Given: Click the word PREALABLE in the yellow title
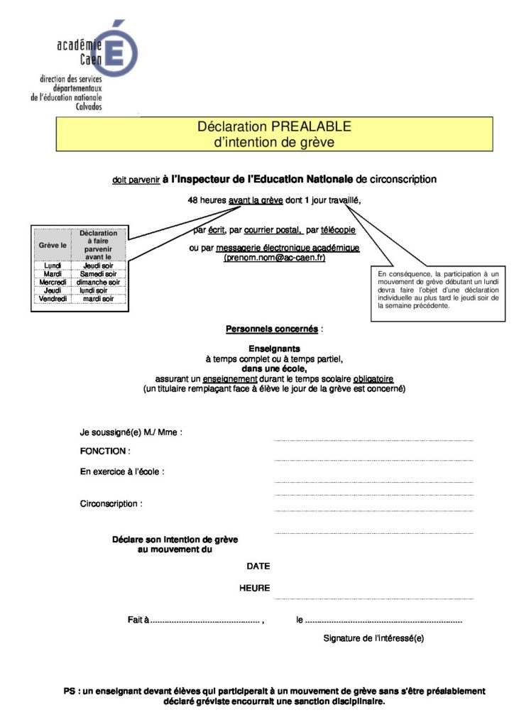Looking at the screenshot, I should pyautogui.click(x=311, y=127).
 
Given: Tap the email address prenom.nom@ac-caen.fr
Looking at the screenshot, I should pyautogui.click(x=274, y=258).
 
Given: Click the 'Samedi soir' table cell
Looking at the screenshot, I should pyautogui.click(x=99, y=273).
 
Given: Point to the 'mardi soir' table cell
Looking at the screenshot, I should pyautogui.click(x=99, y=299).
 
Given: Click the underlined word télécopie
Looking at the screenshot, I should pyautogui.click(x=338, y=230).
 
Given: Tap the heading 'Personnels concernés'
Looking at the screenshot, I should pyautogui.click(x=272, y=329).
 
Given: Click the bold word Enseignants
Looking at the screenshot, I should pyautogui.click(x=274, y=349).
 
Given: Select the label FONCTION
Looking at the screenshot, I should pyautogui.click(x=104, y=451).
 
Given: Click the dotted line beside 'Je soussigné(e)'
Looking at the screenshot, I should pyautogui.click(x=373, y=441).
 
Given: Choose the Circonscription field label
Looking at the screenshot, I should pyautogui.click(x=110, y=503).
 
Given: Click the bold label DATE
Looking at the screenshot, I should pyautogui.click(x=258, y=566).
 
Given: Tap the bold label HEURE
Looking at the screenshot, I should pyautogui.click(x=254, y=587).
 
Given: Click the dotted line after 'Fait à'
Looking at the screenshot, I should pyautogui.click(x=206, y=621).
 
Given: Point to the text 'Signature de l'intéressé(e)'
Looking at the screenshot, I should pyautogui.click(x=373, y=638).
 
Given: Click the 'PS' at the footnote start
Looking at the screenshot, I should pyautogui.click(x=69, y=691).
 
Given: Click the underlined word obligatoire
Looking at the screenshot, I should pyautogui.click(x=369, y=378).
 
